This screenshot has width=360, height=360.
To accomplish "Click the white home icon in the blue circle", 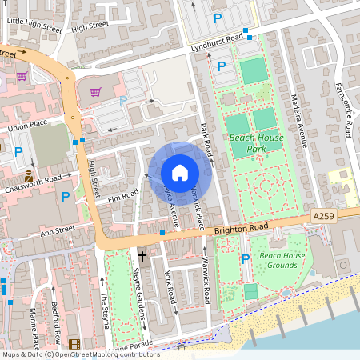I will click(x=180, y=172).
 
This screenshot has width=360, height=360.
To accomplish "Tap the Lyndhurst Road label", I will click(x=217, y=42).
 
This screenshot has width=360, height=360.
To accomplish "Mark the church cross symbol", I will click(x=143, y=257).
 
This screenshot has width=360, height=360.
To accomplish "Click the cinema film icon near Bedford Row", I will click(x=74, y=344).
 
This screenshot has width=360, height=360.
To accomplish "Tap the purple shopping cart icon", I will click(x=22, y=76).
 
